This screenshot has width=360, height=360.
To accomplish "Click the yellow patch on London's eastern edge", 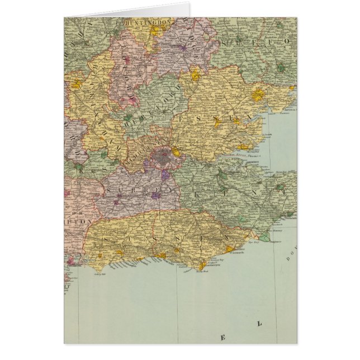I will tap(176, 151).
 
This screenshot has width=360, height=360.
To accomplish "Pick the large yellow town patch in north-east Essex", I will tap(257, 95).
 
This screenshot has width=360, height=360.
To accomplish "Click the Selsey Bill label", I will tap(101, 269).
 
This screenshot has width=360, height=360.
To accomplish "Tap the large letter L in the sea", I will tap(259, 324).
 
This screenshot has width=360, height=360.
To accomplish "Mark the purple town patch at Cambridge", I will tap(182, 48).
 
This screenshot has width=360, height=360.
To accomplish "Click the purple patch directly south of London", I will tap(165, 174).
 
